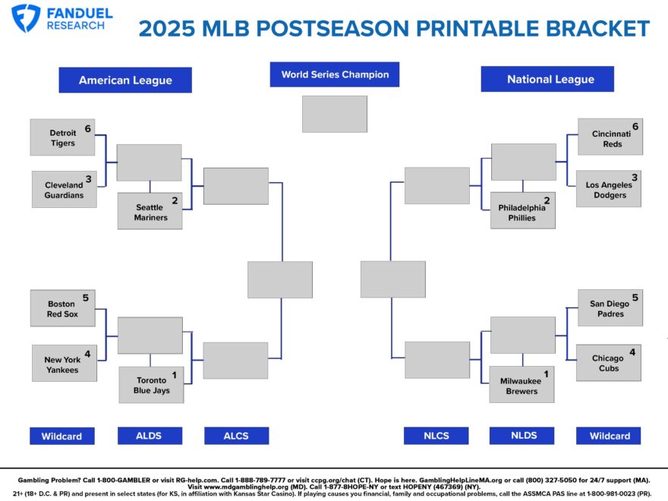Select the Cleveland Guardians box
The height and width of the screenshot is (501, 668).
pos(65,190)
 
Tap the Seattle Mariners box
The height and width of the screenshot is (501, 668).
pos(150,212)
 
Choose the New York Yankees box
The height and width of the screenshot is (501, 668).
pos(65,364)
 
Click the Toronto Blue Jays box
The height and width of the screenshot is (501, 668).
pos(152,385)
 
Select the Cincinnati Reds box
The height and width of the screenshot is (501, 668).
pos(609,137)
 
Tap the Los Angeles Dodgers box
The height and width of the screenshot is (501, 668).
pos(609,189)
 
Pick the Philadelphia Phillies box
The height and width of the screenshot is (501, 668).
pos(522,211)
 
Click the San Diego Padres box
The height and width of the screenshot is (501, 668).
pos(609,308)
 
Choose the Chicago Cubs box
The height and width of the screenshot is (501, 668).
pos(609,363)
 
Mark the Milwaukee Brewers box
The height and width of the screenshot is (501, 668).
pos(522,385)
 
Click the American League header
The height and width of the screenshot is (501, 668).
pos(125,80)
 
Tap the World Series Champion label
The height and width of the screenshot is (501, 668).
pos(334,74)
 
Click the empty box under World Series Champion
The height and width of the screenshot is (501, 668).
pos(334,114)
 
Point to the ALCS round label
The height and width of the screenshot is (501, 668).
pos(236,436)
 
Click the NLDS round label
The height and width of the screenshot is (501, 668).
pos(523,435)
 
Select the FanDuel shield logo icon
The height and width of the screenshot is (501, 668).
pos(26,18)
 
